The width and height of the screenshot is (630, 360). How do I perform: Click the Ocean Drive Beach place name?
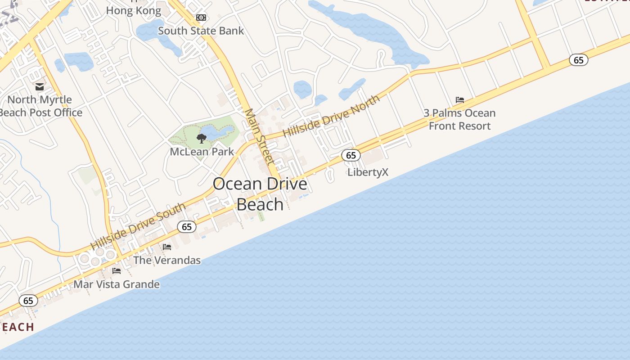260,194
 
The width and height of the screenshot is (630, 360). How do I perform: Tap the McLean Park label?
202,152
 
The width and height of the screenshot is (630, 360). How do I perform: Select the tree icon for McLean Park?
202,139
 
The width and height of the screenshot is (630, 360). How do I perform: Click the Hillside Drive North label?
331,116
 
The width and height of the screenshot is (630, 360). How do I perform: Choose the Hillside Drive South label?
138,226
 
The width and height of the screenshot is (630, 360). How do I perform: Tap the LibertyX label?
368,172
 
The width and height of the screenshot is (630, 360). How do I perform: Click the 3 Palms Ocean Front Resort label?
459,119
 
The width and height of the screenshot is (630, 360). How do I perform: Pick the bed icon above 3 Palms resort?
459,100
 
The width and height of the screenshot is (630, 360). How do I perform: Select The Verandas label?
167,260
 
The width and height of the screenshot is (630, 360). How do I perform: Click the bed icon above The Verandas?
167,247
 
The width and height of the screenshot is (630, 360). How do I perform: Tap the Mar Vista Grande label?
117,284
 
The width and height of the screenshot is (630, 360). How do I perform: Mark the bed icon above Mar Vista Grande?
117,271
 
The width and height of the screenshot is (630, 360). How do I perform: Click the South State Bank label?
201,31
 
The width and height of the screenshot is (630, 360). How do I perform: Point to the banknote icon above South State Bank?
201,18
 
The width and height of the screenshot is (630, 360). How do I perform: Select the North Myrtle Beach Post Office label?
41,106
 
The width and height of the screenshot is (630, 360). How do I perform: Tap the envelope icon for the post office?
40,87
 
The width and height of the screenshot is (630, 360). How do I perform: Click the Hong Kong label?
134,11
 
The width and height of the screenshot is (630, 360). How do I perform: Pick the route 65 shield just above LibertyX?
351,155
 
